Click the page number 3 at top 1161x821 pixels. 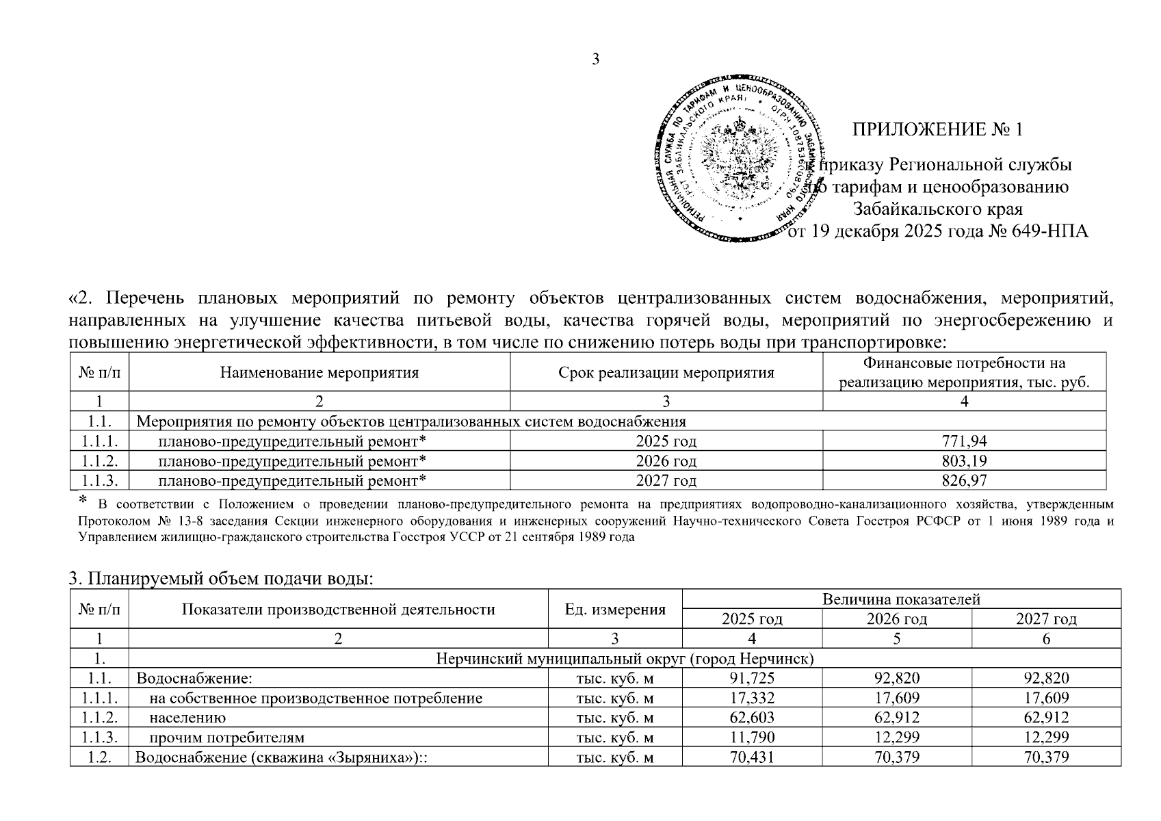[x=595, y=60]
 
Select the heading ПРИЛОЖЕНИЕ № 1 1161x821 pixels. [x=937, y=129]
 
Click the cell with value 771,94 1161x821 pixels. [x=964, y=441]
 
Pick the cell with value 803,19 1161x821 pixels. [x=964, y=461]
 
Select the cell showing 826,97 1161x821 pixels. [x=964, y=481]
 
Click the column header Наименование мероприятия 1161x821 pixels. [x=319, y=373]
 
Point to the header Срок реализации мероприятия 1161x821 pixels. [x=666, y=373]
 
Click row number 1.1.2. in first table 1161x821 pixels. [x=100, y=461]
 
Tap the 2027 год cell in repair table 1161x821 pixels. [x=666, y=481]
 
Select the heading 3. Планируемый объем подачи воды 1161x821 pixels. [x=222, y=579]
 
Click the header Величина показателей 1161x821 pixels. [x=901, y=599]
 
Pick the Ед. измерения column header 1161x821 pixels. [x=615, y=610]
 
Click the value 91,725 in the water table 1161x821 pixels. [x=752, y=679]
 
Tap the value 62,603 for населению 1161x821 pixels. [x=752, y=718]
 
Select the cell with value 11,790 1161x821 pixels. [x=752, y=738]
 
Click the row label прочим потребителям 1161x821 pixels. [x=227, y=738]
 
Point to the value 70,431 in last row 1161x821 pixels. [x=752, y=757]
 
